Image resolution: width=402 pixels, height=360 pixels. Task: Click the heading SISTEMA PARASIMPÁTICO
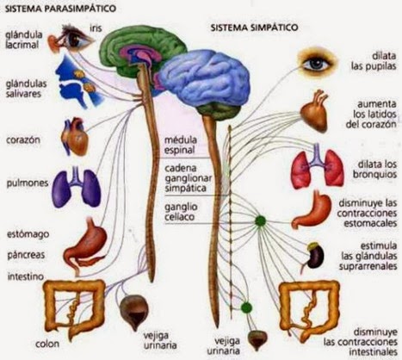[61, 9]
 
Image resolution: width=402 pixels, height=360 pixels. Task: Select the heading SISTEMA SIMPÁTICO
[254, 28]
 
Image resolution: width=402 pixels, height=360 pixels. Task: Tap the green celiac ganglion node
[261, 220]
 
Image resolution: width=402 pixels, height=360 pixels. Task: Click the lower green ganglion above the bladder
[246, 307]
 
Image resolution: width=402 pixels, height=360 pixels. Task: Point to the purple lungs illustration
[77, 188]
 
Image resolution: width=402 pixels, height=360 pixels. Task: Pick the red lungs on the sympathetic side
[318, 167]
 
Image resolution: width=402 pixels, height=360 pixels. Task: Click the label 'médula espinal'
[181, 146]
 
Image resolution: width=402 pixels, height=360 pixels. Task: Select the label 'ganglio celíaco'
[180, 212]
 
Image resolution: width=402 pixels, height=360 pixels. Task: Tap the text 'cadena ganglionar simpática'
[189, 178]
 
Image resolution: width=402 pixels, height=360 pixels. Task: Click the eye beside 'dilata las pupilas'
[316, 61]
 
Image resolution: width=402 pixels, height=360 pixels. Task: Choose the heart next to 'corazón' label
[75, 137]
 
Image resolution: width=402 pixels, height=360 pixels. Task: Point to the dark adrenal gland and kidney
[315, 256]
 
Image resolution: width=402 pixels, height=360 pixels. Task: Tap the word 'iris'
[96, 28]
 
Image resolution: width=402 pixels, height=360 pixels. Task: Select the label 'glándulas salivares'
[27, 89]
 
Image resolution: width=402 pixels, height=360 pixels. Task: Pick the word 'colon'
[47, 344]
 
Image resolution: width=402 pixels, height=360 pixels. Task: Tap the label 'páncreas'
[26, 255]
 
